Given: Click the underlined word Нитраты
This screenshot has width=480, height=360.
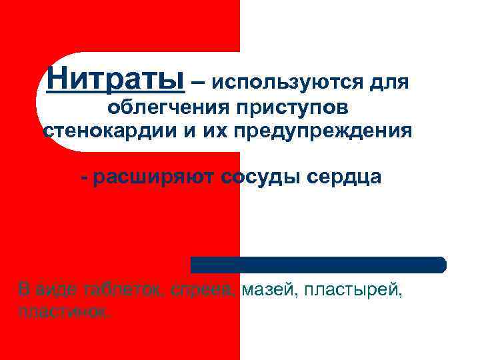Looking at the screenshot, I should tap(115, 80).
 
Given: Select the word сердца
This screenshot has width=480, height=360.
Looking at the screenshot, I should tap(345, 177).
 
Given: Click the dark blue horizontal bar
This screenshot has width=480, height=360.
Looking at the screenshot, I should tap(318, 265).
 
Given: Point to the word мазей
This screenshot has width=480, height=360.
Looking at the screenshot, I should tap(266, 290).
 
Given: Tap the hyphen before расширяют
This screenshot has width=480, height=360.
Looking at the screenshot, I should tap(84, 178).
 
